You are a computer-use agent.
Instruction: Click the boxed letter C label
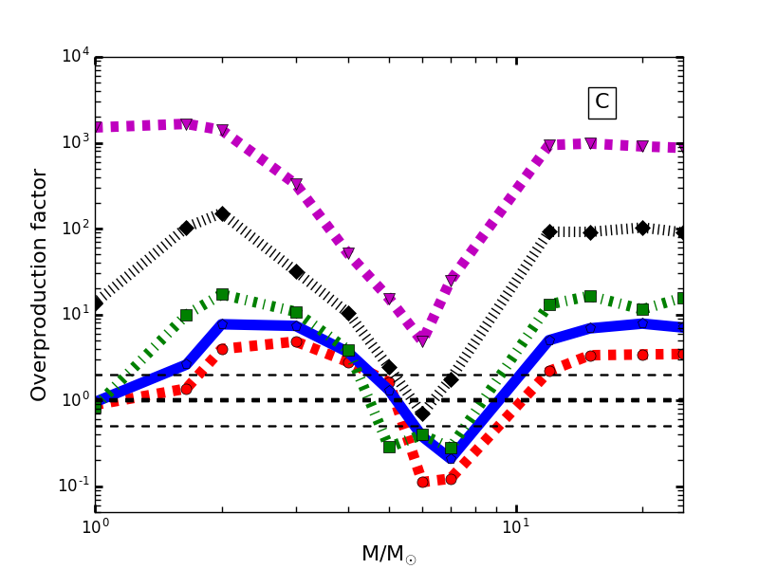point(602,102)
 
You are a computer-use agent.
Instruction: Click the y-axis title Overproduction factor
point(39,284)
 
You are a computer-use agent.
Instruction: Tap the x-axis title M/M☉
point(388,555)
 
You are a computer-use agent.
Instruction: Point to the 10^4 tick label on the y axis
point(75,57)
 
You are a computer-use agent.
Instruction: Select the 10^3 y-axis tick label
point(75,142)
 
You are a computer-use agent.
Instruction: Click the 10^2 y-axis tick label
point(75,229)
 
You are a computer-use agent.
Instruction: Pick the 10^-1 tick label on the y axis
point(73,486)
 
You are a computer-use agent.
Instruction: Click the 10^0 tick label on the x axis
point(95,527)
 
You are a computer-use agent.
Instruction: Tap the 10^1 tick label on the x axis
point(515,527)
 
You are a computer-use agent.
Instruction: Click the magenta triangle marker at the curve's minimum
point(422,340)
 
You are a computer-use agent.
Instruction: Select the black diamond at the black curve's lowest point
point(422,413)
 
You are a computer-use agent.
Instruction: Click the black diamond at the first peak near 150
point(222,214)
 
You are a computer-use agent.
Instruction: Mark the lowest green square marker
point(451,448)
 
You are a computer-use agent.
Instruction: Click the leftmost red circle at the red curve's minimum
point(423,482)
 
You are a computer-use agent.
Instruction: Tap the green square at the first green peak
point(222,295)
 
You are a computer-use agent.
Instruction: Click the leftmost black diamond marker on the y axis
point(96,303)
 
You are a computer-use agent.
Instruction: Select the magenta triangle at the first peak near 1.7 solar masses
point(187,124)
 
